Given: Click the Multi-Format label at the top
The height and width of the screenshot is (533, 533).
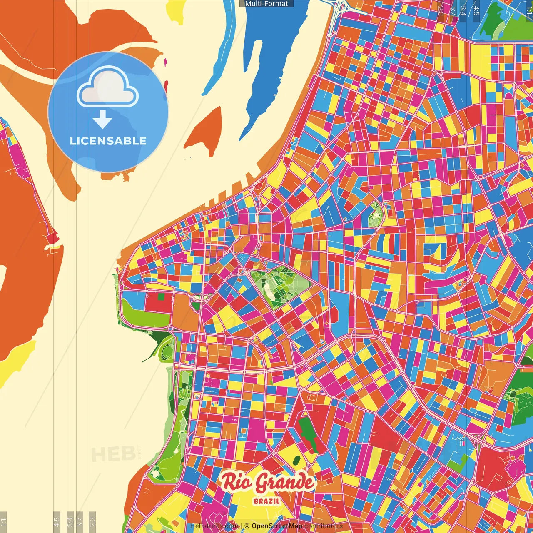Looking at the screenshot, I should click(x=266, y=4).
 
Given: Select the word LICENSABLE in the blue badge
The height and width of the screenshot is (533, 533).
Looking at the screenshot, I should click(x=108, y=141).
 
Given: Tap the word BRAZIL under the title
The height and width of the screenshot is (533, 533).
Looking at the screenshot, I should click(x=266, y=501).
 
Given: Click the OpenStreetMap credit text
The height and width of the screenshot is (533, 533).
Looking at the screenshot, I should click(x=276, y=526).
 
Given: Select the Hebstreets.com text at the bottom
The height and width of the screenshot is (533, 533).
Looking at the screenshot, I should click(x=214, y=526).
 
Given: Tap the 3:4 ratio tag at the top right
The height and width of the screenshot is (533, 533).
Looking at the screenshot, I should click(x=463, y=10).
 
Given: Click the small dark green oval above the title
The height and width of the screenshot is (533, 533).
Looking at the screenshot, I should click(x=296, y=460).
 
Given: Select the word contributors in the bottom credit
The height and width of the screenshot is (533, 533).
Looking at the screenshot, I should click(x=323, y=526).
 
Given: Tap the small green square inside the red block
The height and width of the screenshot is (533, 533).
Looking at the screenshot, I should click(x=160, y=297).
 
